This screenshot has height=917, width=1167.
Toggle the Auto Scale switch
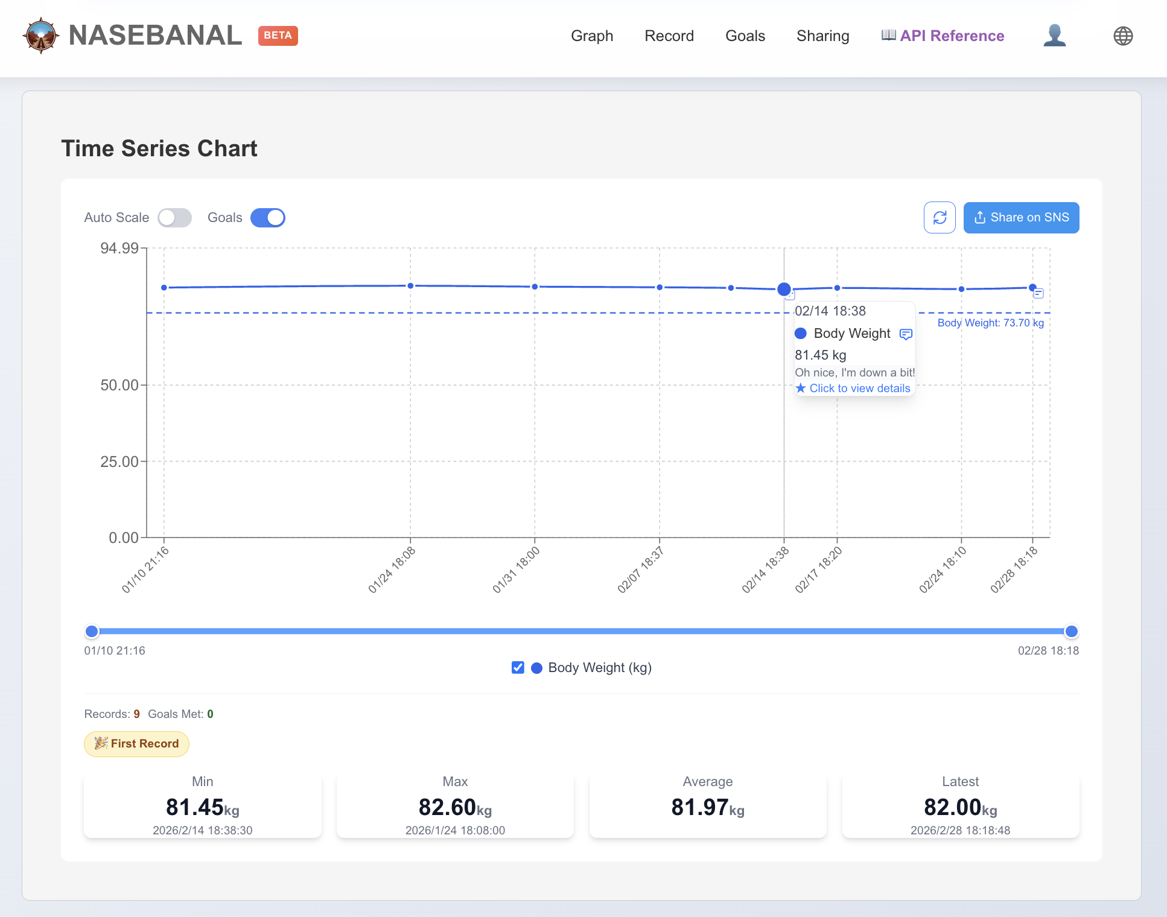click(174, 218)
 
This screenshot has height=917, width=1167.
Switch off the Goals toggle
click(268, 218)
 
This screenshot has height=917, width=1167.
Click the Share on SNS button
click(1021, 218)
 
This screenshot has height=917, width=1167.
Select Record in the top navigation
click(669, 36)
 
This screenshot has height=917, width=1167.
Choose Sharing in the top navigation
click(822, 36)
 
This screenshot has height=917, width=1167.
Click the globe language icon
click(1122, 36)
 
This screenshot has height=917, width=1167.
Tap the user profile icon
click(1054, 36)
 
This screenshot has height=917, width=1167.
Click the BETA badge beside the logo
click(278, 36)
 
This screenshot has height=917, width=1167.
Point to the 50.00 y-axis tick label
click(119, 385)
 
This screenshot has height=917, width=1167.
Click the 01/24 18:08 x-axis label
click(392, 570)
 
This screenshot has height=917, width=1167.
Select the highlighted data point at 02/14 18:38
click(784, 290)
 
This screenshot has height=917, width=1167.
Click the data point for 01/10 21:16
click(164, 288)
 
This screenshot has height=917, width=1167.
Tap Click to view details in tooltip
click(859, 389)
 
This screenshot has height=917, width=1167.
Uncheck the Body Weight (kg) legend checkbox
click(518, 667)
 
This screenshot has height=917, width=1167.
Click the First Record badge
click(137, 744)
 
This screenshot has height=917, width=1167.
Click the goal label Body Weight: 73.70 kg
click(990, 323)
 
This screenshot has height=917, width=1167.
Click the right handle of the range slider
click(1071, 632)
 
